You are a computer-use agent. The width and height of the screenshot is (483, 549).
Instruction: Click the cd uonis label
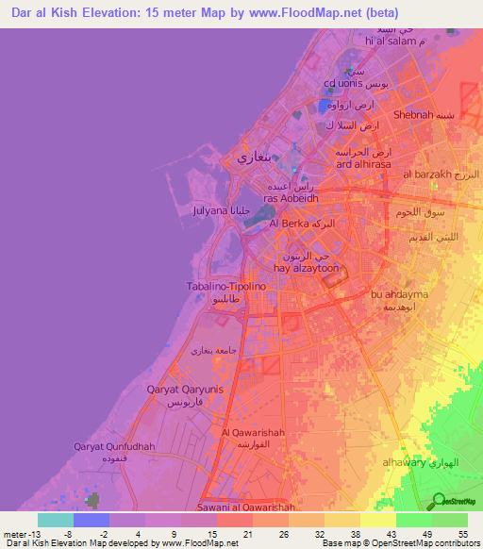[343, 83]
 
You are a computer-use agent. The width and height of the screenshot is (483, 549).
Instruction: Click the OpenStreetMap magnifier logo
[439, 500]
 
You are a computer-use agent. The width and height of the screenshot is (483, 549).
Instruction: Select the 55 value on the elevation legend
[461, 535]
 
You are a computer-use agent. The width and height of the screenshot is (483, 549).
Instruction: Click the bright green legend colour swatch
[414, 520]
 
